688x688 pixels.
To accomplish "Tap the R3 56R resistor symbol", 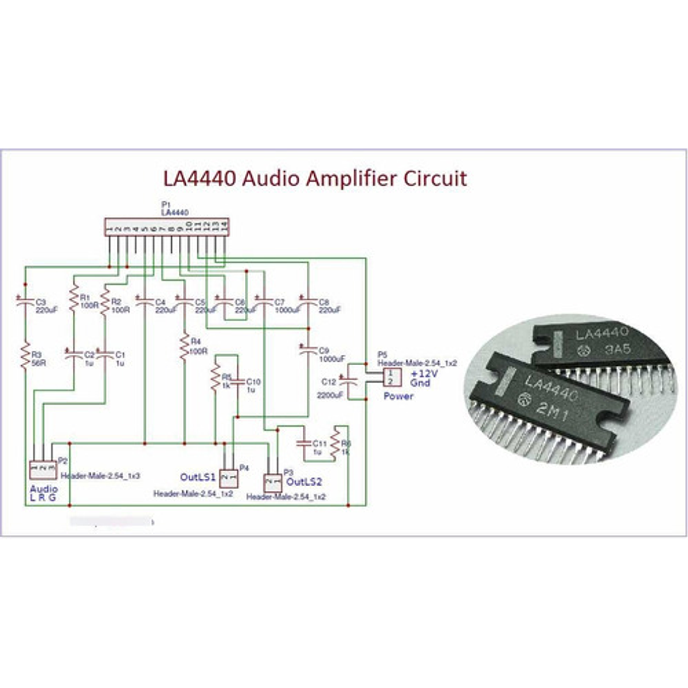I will click(25, 356).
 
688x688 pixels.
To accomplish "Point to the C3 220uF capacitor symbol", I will click(24, 302).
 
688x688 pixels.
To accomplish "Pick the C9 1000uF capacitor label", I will click(331, 354).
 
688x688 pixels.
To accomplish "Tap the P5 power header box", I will click(392, 377).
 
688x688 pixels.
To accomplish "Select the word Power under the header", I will click(398, 396).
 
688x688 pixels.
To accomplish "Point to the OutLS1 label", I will click(198, 477).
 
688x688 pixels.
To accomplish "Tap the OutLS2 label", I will click(304, 482).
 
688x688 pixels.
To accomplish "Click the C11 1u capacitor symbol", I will click(304, 443).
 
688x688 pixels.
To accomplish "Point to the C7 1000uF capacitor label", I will click(287, 306).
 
